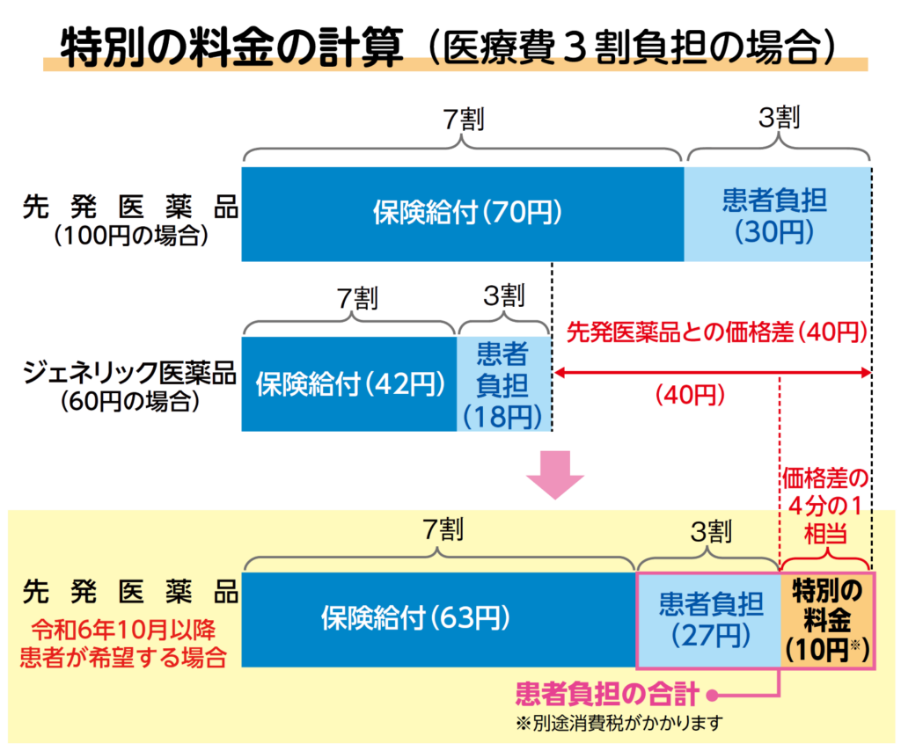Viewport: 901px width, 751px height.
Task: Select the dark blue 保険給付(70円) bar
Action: point(463,215)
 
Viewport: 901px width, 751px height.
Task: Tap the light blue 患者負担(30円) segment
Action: point(778,215)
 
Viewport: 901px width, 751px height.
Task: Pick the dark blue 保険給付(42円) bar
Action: point(349,384)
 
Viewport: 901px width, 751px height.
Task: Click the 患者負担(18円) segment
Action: point(504,384)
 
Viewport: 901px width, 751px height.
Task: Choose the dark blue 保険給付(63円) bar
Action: point(439,619)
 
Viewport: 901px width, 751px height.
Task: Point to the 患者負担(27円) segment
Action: point(709,620)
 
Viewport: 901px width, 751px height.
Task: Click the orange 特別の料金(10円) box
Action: point(827,620)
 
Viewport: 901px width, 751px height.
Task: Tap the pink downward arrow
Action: point(555,475)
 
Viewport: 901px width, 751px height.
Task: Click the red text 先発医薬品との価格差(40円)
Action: point(716,332)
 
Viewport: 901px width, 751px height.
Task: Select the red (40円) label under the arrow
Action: point(690,395)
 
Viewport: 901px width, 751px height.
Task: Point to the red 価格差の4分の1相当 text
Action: point(825,506)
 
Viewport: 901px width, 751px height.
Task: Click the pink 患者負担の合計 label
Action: point(607,694)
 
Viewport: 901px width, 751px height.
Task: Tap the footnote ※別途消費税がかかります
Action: point(619,724)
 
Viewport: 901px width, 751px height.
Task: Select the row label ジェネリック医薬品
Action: point(130,373)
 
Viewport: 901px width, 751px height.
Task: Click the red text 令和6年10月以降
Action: point(123,630)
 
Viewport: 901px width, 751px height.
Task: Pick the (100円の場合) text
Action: point(130,236)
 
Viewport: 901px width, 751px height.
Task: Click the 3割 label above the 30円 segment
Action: point(780,118)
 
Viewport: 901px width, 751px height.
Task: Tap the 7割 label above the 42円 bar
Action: point(357,298)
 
